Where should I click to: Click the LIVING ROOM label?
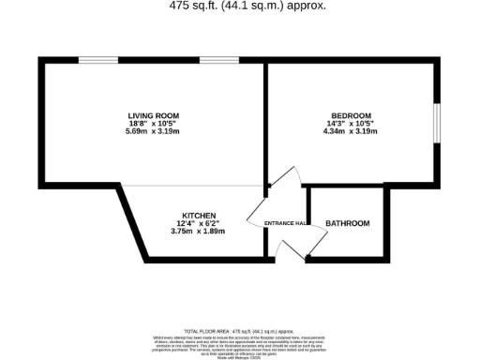[154, 115]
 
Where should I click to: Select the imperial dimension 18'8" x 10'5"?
[154, 123]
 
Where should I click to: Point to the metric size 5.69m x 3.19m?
[154, 131]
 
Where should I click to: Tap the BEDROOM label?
[350, 115]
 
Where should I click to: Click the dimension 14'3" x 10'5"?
[350, 123]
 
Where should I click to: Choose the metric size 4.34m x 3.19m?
[350, 131]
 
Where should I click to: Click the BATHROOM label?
[347, 223]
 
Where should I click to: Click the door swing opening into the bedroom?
[283, 175]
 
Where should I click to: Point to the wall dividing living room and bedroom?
[267, 122]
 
